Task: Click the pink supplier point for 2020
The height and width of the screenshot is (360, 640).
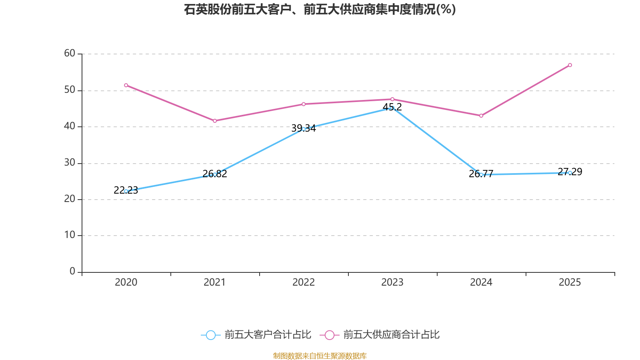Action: click(126, 85)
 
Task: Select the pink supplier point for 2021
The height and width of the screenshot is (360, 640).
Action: click(215, 121)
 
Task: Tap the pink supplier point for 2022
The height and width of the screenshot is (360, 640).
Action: click(304, 104)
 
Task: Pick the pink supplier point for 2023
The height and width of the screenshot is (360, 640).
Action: click(392, 99)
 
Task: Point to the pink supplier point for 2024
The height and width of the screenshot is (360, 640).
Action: click(481, 116)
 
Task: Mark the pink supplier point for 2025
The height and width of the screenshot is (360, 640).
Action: click(570, 65)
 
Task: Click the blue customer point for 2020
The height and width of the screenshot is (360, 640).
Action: click(126, 191)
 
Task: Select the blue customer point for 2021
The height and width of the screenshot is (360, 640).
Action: click(215, 174)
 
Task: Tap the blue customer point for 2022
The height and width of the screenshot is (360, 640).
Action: click(304, 129)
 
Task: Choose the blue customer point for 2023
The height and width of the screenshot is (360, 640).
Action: click(392, 108)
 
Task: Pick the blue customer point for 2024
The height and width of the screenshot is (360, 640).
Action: click(481, 174)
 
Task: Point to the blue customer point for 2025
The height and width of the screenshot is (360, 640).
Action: click(570, 173)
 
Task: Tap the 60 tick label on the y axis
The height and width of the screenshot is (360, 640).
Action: click(70, 53)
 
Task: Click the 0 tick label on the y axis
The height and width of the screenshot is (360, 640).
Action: click(72, 271)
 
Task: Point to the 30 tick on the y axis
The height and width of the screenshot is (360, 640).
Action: click(70, 162)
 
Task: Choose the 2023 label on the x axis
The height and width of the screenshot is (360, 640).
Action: click(392, 282)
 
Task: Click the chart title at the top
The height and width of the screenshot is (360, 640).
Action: click(320, 9)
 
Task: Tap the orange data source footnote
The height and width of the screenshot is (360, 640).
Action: click(320, 356)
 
